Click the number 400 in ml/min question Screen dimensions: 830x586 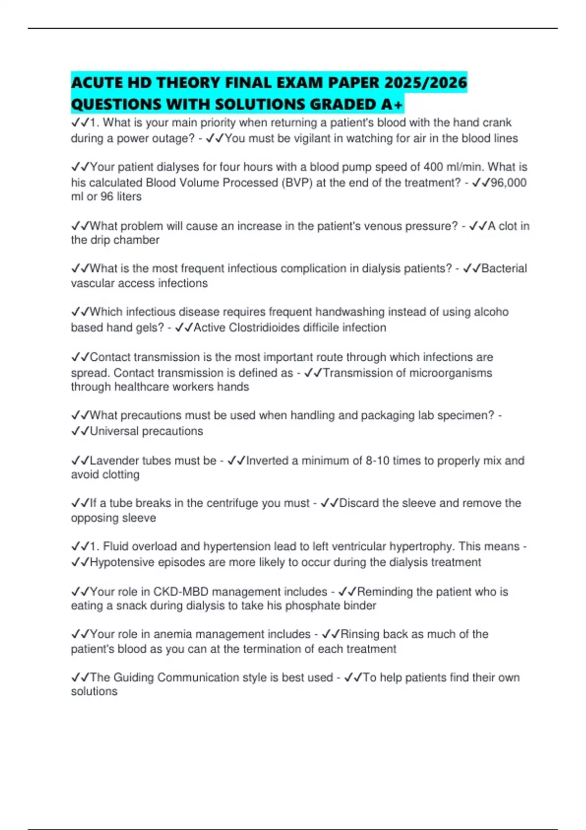click(x=433, y=167)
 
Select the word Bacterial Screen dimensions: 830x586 click(x=504, y=269)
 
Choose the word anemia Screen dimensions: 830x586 click(x=171, y=634)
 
